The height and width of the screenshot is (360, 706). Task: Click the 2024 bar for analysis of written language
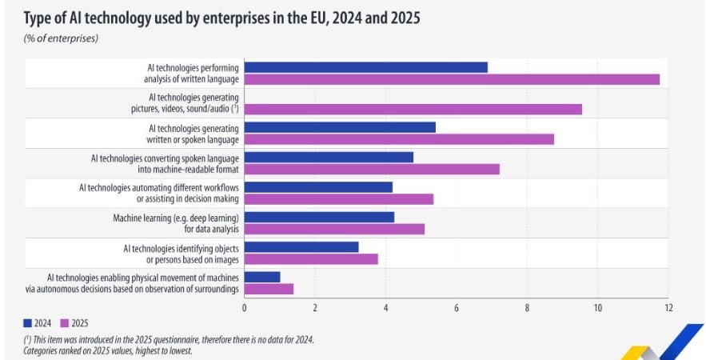click(x=365, y=67)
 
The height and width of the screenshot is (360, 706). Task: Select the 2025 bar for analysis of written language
click(x=452, y=79)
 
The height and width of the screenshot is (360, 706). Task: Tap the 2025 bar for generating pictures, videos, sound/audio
click(x=413, y=109)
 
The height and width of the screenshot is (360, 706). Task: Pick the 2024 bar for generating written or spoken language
click(x=340, y=127)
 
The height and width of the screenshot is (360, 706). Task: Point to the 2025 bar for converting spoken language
click(x=372, y=169)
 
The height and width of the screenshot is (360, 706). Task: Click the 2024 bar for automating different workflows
click(x=318, y=187)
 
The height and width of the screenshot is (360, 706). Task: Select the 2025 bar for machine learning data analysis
click(x=334, y=229)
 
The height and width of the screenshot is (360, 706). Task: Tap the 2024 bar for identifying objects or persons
click(x=301, y=247)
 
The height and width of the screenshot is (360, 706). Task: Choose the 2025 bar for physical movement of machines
click(x=269, y=289)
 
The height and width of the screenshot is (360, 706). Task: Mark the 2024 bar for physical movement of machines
click(x=262, y=277)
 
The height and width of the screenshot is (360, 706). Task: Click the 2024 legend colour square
click(x=28, y=323)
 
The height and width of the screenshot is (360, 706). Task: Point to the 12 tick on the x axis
click(x=668, y=307)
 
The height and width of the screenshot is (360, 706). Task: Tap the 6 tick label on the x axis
click(x=457, y=307)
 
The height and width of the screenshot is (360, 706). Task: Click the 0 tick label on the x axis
click(x=244, y=307)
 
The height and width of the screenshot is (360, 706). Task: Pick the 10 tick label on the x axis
click(x=597, y=307)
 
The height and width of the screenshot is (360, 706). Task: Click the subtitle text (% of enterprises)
click(x=61, y=38)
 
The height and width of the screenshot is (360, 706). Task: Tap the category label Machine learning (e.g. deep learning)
click(x=177, y=217)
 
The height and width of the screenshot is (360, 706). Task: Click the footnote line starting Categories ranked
click(x=107, y=350)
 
